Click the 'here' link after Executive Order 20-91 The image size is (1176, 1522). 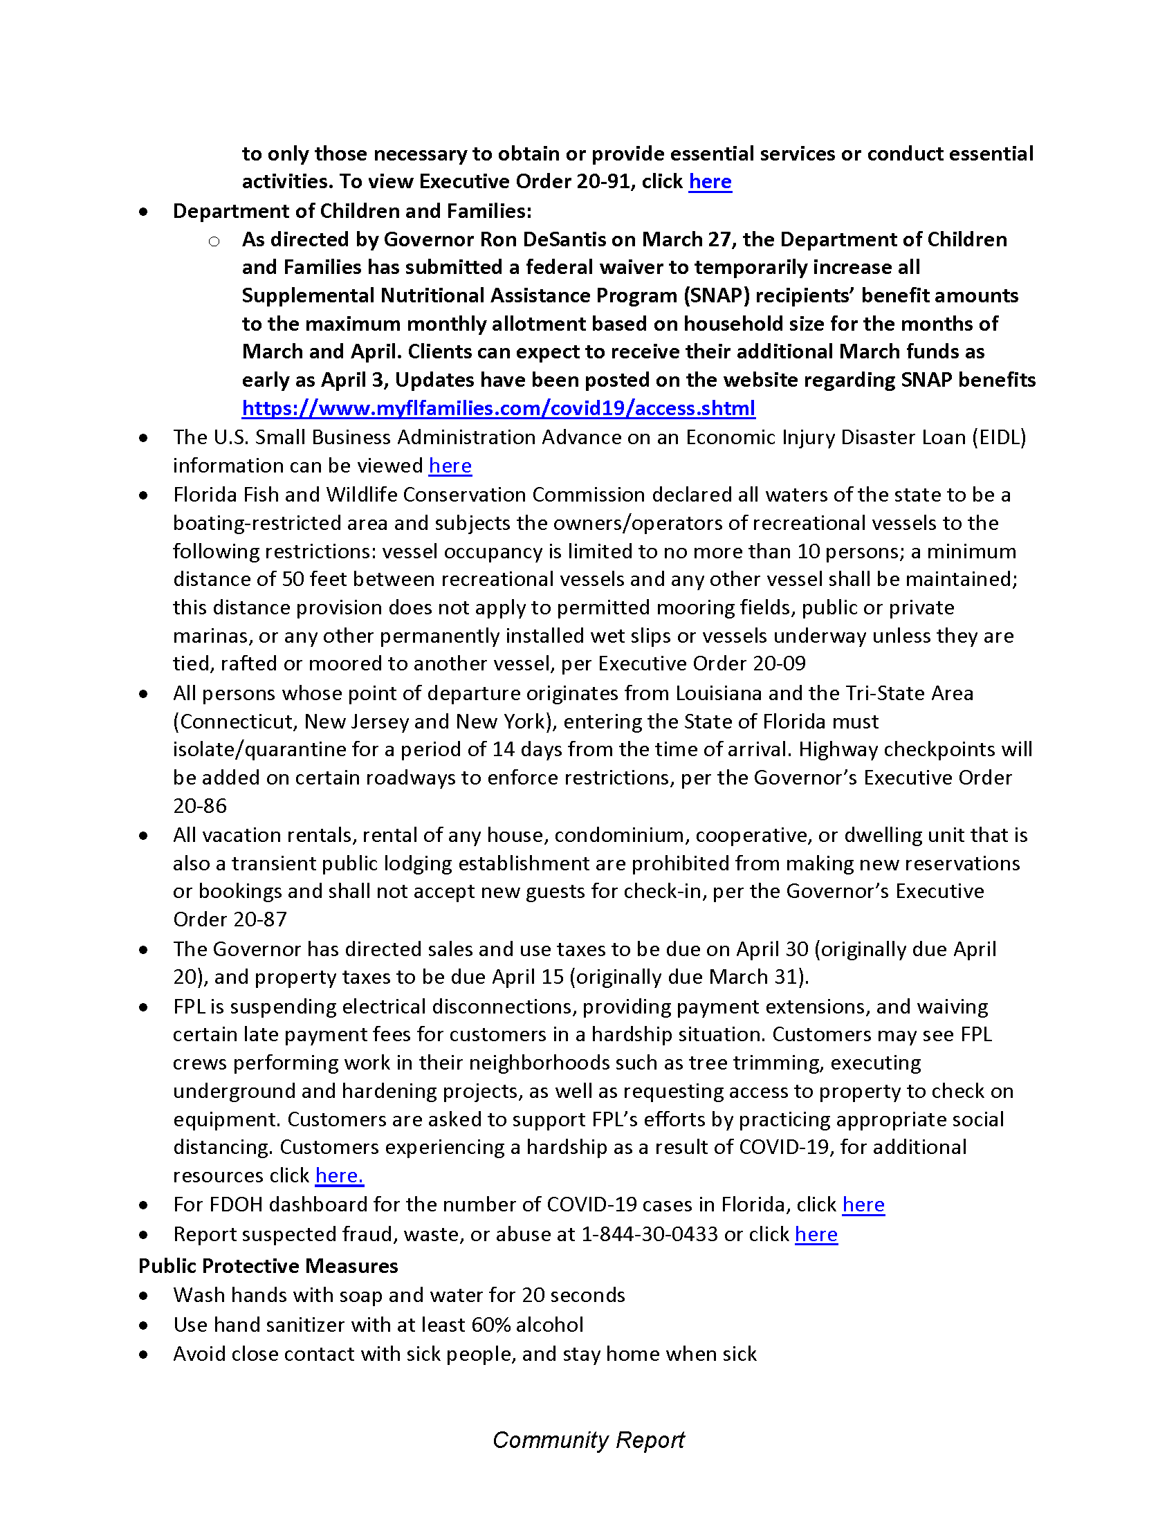pyautogui.click(x=710, y=181)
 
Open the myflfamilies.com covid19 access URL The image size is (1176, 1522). pyautogui.click(x=498, y=407)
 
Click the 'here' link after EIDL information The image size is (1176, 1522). pyautogui.click(x=450, y=466)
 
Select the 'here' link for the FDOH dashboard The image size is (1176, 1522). pyautogui.click(x=863, y=1204)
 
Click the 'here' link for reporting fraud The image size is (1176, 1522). pyautogui.click(x=816, y=1234)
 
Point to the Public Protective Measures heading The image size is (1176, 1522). pyautogui.click(x=268, y=1265)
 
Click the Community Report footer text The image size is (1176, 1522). pyautogui.click(x=588, y=1440)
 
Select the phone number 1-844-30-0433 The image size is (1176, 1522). pyautogui.click(x=650, y=1234)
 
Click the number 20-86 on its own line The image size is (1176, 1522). pyautogui.click(x=200, y=805)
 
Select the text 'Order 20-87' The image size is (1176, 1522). pyautogui.click(x=230, y=919)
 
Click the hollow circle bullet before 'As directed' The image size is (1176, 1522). pyautogui.click(x=214, y=241)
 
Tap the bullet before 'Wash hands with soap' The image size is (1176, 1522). pyautogui.click(x=143, y=1296)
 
